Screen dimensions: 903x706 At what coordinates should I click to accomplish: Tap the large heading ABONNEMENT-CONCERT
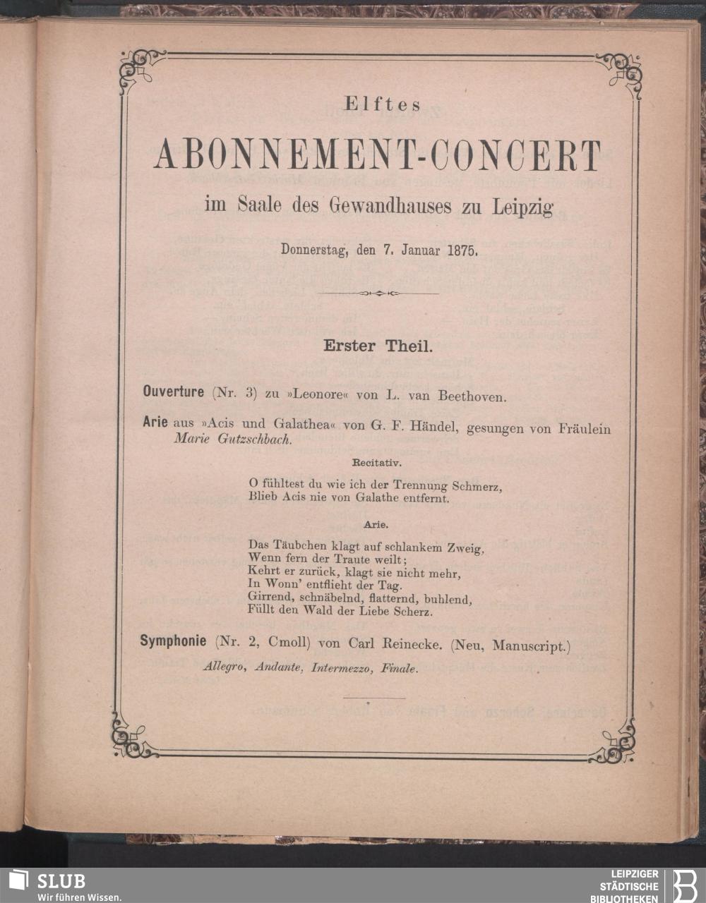[378, 155]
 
